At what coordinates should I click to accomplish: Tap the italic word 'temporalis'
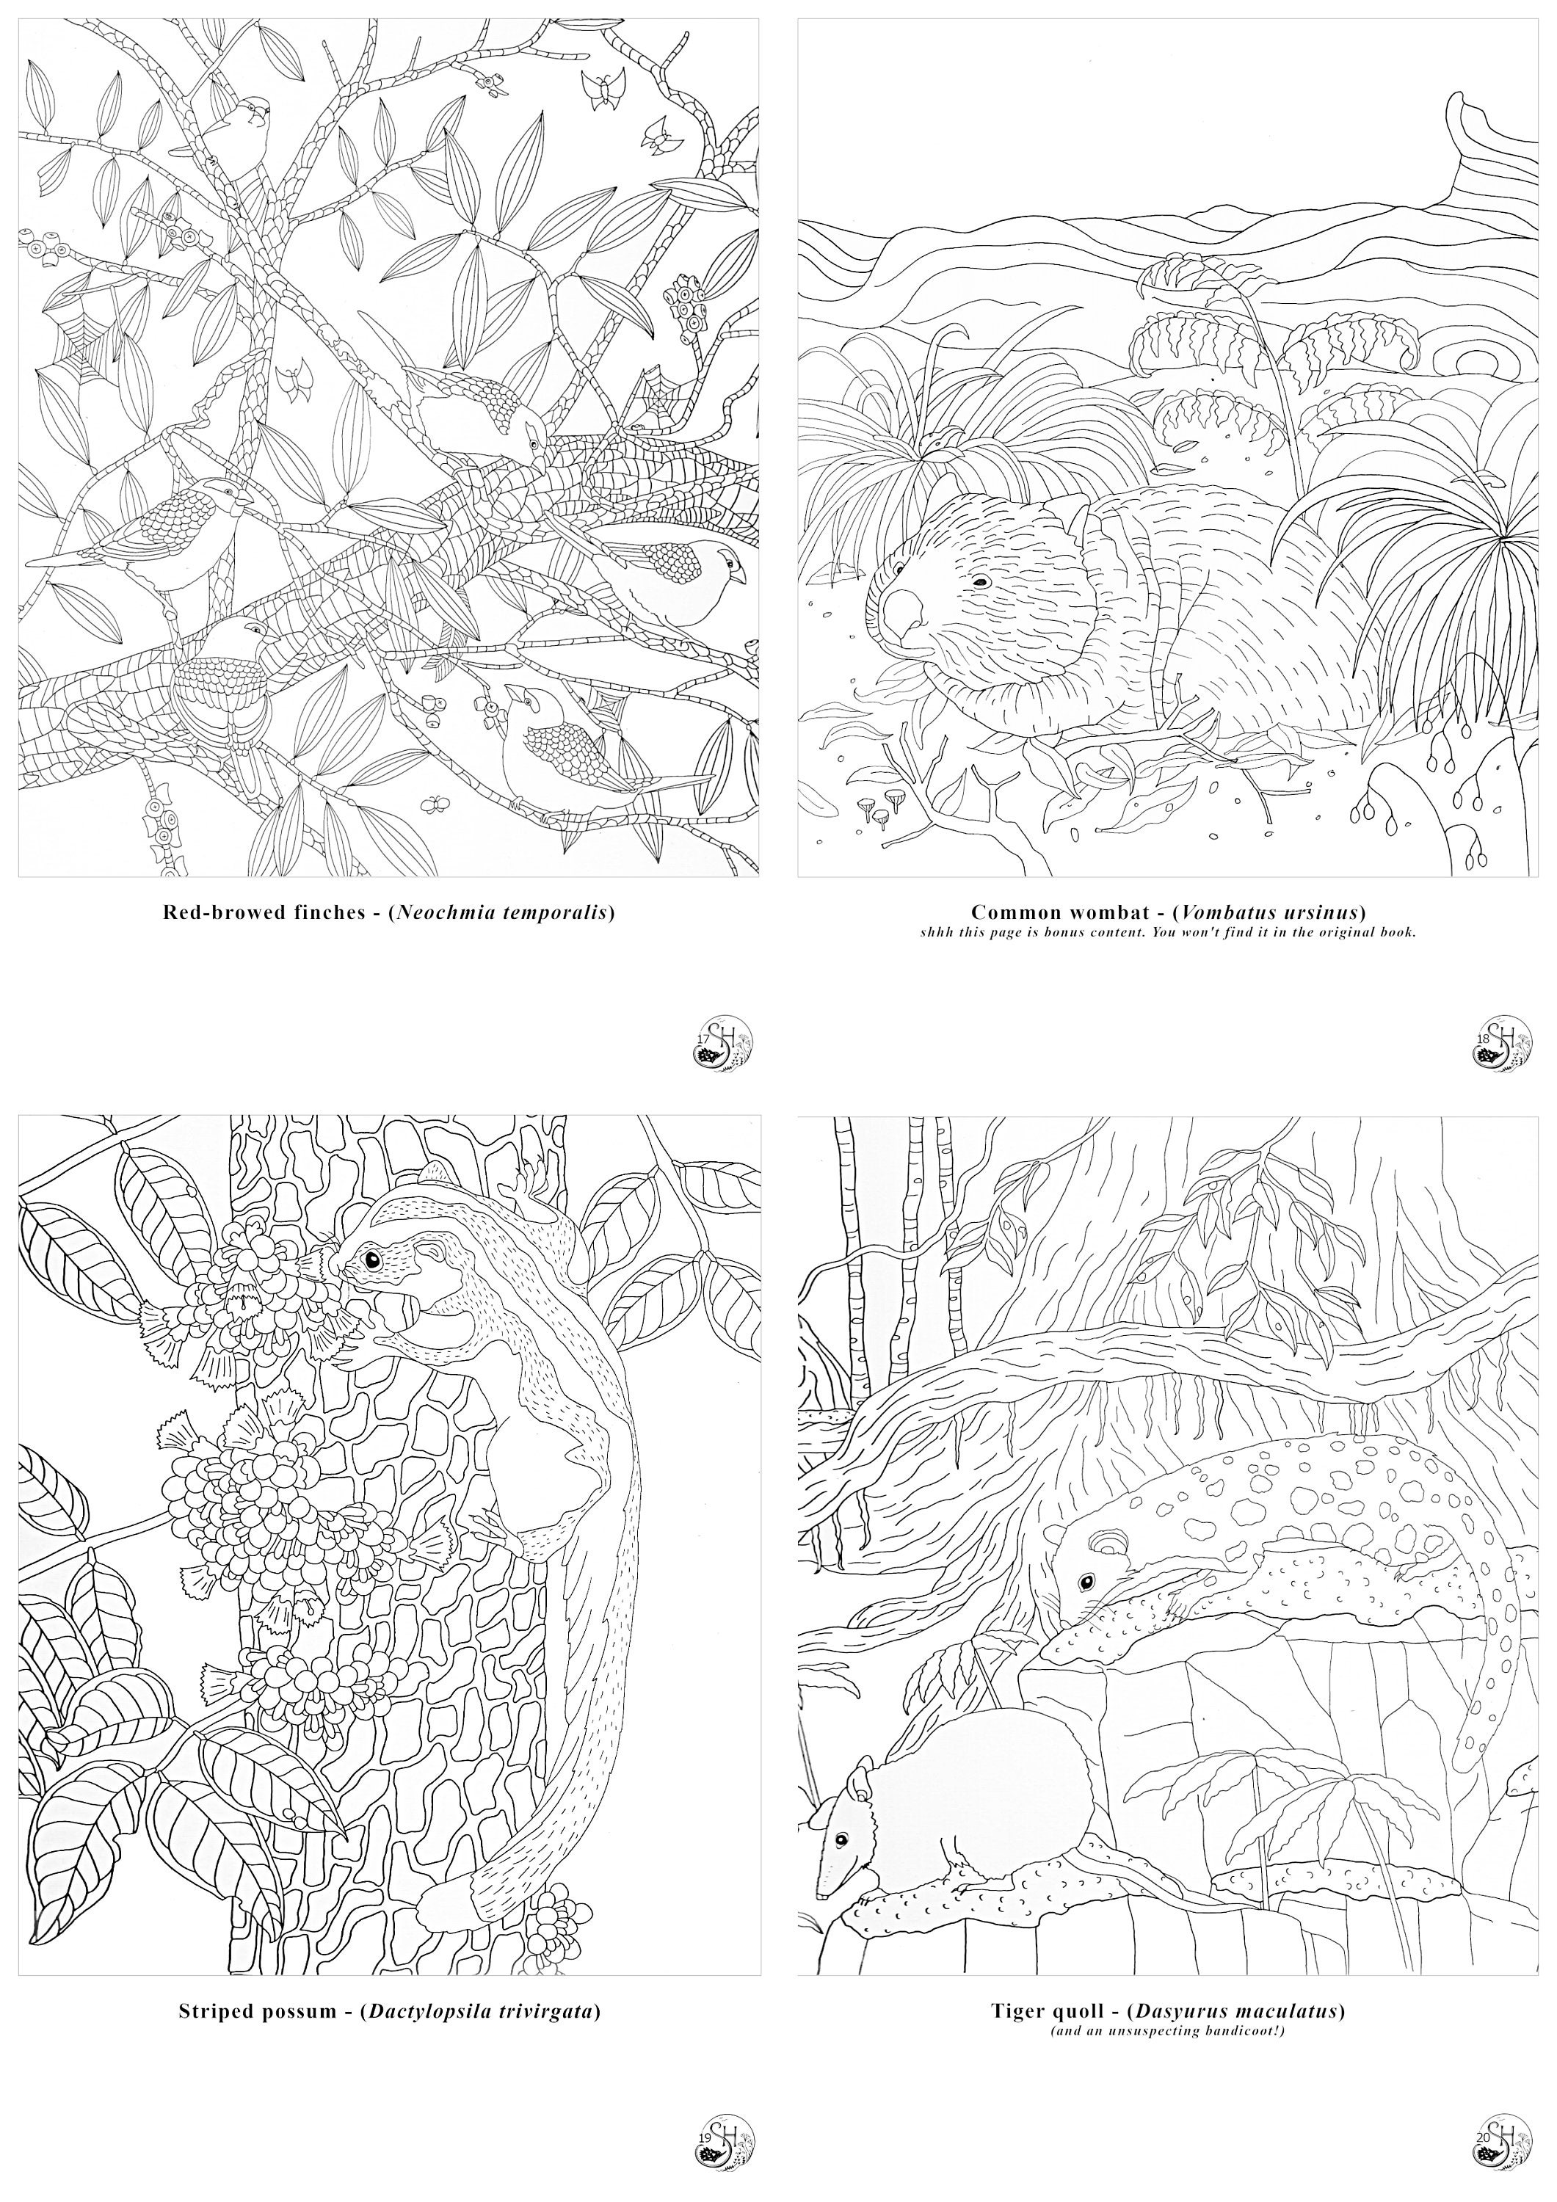click(559, 912)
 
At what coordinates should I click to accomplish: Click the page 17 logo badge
click(722, 1042)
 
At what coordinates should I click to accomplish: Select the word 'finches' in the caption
click(324, 912)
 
